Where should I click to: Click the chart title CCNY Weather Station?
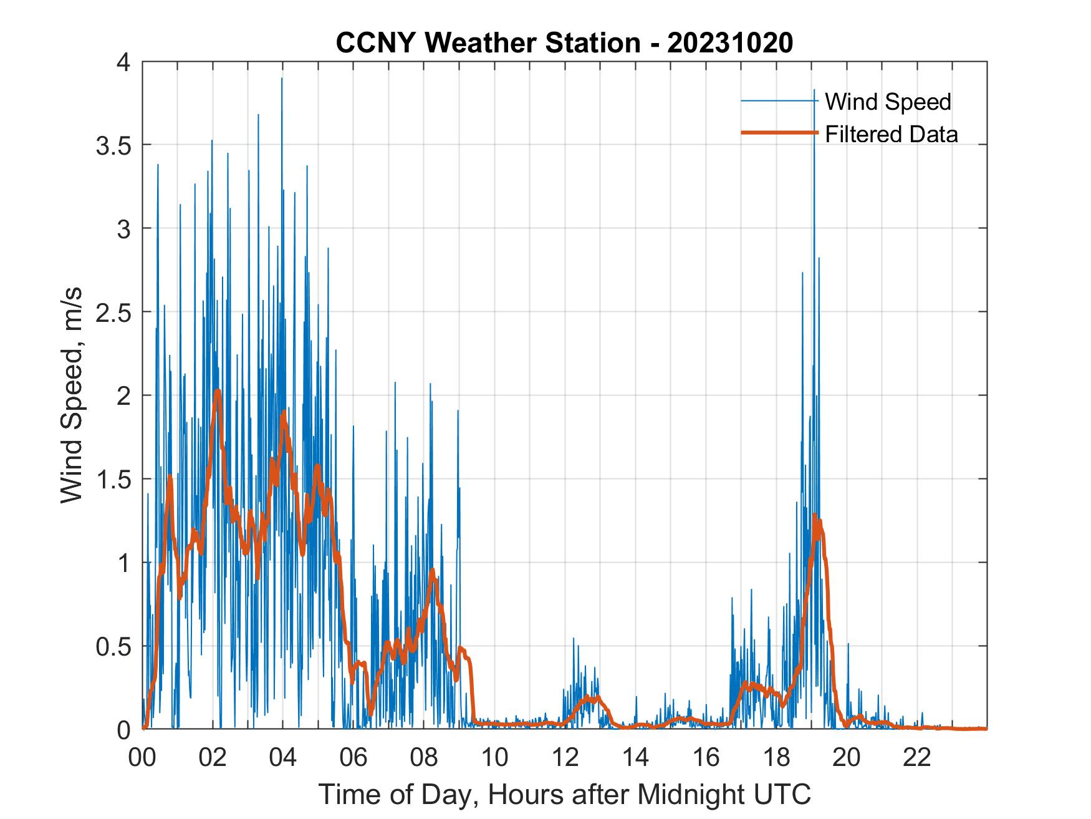pos(487,43)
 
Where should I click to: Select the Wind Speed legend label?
pos(888,102)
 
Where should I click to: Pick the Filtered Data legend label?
pos(891,134)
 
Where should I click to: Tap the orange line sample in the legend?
pos(779,133)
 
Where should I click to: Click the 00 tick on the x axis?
pos(143,757)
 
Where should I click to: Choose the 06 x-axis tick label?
pos(353,757)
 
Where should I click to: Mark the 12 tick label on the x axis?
pos(565,757)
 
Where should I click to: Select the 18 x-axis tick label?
pos(776,757)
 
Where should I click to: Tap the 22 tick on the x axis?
pos(917,757)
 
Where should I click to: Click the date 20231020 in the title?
pos(730,43)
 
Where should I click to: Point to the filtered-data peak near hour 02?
pos(217,391)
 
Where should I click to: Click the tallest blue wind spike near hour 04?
pos(282,79)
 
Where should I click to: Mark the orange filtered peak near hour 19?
pos(814,515)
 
